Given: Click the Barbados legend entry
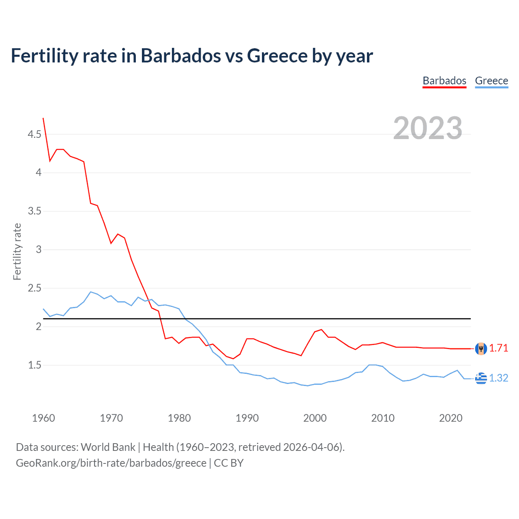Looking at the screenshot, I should coord(444,81).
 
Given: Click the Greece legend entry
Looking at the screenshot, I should coord(491,81).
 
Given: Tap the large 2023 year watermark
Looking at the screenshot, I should coord(428,128).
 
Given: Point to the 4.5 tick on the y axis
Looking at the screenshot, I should coord(34,134).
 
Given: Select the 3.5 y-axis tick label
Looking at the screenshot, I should coord(34,211).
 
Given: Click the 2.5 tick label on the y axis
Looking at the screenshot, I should coord(34,288).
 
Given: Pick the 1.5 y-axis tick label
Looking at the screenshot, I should coord(34,365).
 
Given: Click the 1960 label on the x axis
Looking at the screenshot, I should coord(43,418).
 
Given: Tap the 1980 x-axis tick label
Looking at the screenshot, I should coord(179,418).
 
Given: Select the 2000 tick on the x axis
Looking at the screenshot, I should coord(315,418).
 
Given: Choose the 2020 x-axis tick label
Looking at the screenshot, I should coord(450,418).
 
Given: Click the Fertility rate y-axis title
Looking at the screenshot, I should coord(17,251).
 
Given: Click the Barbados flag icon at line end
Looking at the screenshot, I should coord(481,348).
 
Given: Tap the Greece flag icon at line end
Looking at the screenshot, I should coord(481,378).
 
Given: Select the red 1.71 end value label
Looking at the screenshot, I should coord(498,348).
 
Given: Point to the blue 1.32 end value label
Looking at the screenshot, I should coord(498,378).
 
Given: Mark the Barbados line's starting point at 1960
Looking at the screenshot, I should coord(43,118).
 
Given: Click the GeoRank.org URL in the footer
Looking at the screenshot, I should coord(111,463).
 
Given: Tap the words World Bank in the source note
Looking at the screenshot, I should coord(108,447).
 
